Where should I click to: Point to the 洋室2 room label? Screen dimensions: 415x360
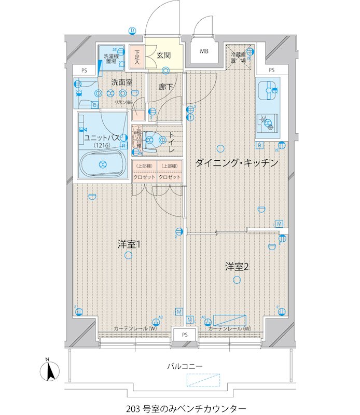(237, 267)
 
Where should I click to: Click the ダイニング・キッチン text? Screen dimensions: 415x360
(237, 163)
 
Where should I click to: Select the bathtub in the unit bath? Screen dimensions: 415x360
(102, 164)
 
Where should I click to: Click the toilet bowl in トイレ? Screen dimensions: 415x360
(152, 138)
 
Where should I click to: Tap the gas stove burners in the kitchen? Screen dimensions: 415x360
(268, 122)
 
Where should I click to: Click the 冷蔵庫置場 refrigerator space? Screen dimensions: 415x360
(239, 57)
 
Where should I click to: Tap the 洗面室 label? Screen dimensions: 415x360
(122, 82)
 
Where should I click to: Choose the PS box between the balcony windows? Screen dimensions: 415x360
(184, 335)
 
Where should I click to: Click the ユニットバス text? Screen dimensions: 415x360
(103, 138)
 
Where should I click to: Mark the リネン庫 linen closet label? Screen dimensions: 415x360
(123, 103)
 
